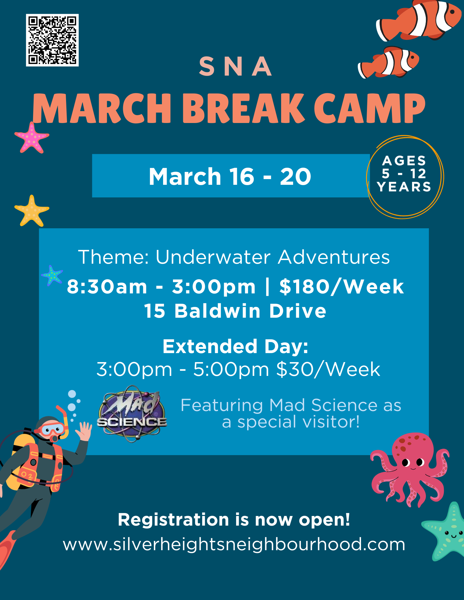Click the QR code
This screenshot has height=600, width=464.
(52, 40)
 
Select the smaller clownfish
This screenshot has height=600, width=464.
(388, 62)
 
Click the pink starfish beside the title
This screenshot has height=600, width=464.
(32, 137)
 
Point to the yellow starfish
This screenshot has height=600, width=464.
(32, 211)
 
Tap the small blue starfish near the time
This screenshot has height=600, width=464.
(52, 275)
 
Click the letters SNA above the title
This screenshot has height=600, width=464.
(235, 66)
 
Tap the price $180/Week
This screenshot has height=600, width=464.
(342, 286)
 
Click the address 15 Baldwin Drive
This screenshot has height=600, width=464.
(235, 310)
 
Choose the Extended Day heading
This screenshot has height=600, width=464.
(235, 346)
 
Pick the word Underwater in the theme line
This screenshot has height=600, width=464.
(213, 257)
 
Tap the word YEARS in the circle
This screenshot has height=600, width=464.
(404, 187)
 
